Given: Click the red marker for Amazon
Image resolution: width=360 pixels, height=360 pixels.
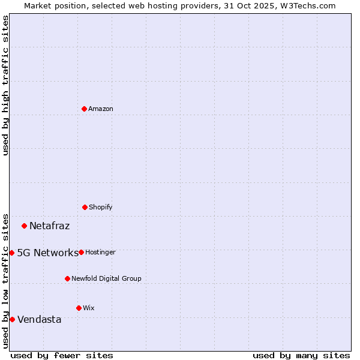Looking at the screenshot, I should [x=85, y=109].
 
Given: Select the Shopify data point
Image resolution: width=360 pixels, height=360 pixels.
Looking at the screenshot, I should [x=85, y=207].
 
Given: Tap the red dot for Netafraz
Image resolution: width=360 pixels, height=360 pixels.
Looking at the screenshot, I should [x=25, y=226].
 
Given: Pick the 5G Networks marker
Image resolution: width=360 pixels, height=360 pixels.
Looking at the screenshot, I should [x=11, y=253].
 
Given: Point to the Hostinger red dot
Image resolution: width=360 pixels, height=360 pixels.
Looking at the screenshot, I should [x=82, y=252].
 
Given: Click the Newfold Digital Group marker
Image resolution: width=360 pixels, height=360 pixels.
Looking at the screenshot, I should [x=68, y=278].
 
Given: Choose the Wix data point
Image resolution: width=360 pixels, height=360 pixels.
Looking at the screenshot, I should [x=79, y=308].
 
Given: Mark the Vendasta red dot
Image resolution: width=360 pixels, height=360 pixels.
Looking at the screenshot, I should [x=12, y=319].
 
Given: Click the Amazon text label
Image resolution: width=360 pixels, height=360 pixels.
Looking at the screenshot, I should [x=101, y=109].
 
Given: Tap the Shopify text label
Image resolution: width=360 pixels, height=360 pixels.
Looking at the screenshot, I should [x=101, y=207].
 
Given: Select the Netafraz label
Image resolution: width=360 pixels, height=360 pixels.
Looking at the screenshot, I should [x=50, y=226].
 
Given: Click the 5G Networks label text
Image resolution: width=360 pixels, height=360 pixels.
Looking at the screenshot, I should [x=47, y=253].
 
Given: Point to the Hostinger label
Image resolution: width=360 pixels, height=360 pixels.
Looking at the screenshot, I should [x=100, y=252].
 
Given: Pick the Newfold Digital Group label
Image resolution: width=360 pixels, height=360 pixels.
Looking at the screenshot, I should [x=107, y=278].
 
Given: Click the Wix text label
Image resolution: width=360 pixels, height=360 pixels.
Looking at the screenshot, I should [x=89, y=308].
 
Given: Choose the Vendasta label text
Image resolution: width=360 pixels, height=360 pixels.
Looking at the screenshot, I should [x=40, y=319].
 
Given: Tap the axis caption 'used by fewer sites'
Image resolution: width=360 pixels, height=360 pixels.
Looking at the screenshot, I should [x=62, y=355].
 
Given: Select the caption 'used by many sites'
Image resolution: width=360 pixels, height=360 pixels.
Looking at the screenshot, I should [x=301, y=355].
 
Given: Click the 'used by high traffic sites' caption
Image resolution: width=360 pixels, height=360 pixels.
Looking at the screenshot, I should [x=5, y=85].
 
